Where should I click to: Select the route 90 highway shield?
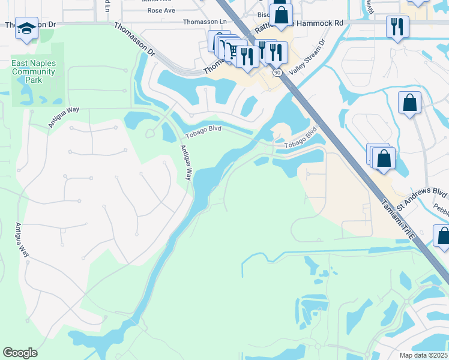point(277,72)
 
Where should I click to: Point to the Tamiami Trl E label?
point(397,212)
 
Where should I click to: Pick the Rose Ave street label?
point(161,10)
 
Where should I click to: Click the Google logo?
point(20,353)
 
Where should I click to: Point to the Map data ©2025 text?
point(423,355)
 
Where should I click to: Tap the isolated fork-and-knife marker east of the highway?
point(397,26)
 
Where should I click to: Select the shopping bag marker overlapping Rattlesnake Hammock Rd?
point(280,15)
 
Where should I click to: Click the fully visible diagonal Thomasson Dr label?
point(134,39)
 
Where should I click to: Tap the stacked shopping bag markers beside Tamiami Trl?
point(382,158)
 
